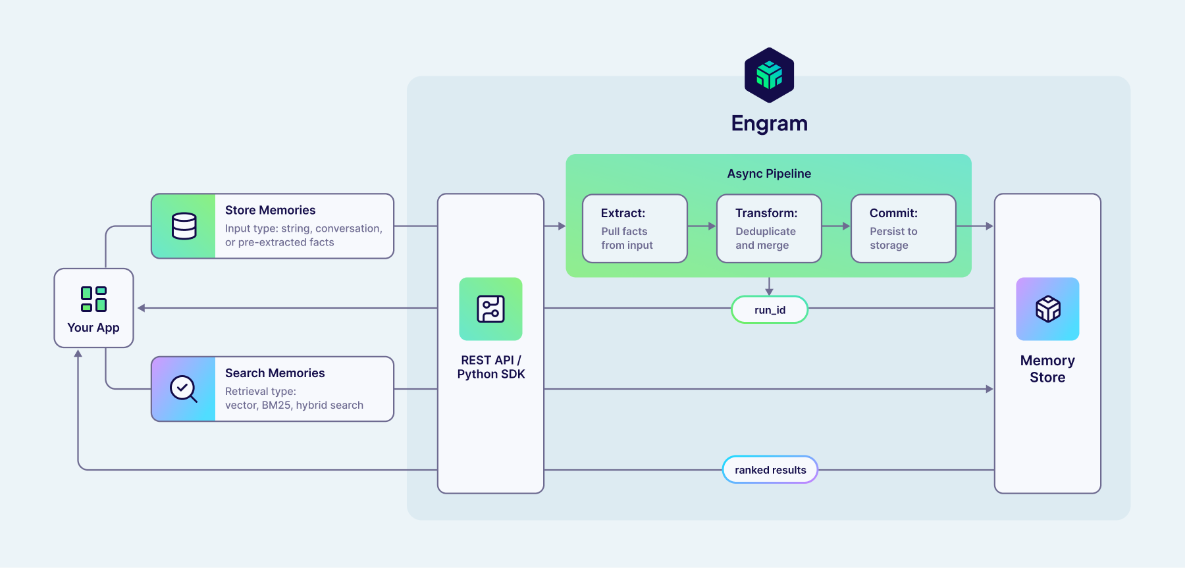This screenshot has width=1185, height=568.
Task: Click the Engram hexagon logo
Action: point(769,75)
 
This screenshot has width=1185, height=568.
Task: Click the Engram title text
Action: point(769,124)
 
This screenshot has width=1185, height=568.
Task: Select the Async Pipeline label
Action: point(769,174)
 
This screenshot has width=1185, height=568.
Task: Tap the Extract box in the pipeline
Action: point(635,228)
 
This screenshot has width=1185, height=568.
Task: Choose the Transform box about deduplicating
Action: point(769,228)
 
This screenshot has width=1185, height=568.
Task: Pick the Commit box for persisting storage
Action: point(903,228)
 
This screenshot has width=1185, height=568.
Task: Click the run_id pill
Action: point(770,309)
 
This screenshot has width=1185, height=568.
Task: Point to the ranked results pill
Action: point(770,470)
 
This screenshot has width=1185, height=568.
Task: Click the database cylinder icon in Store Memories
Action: point(184,226)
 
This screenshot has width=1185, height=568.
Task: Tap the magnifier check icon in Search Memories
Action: point(184,389)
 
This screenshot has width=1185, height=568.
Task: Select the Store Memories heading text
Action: point(270,210)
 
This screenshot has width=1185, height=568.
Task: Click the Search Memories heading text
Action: point(275,373)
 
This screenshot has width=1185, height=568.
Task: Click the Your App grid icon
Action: point(93,299)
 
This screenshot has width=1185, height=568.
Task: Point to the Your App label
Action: point(93,328)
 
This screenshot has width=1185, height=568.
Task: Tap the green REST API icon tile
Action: point(490,309)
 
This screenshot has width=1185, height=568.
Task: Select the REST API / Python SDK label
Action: point(490,367)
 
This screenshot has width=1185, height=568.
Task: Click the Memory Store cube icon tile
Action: point(1047,309)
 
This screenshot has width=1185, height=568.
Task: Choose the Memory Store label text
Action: point(1047,369)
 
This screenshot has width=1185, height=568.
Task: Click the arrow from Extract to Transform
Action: point(702,226)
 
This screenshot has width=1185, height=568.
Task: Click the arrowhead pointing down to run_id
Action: point(769,290)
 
